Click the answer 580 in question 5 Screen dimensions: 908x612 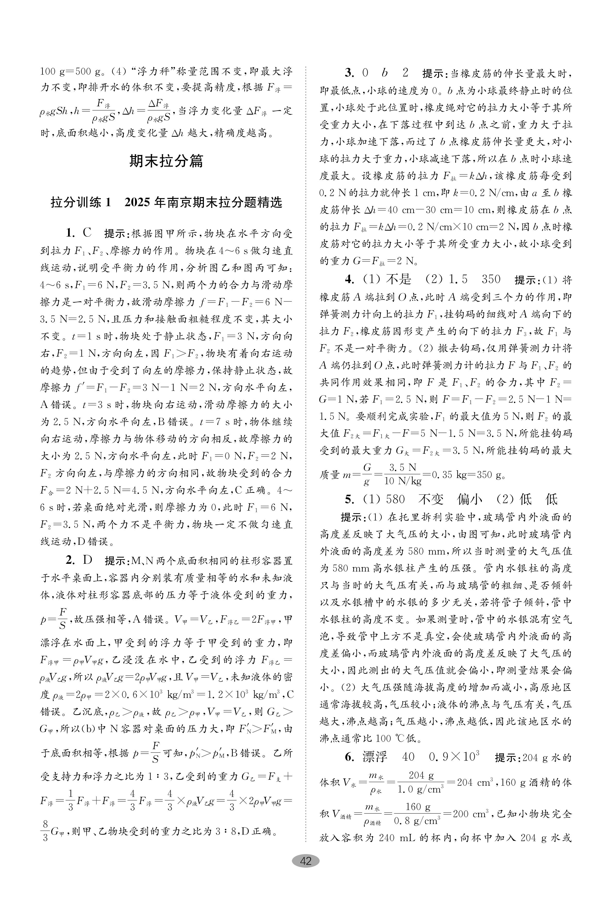point(395,499)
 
